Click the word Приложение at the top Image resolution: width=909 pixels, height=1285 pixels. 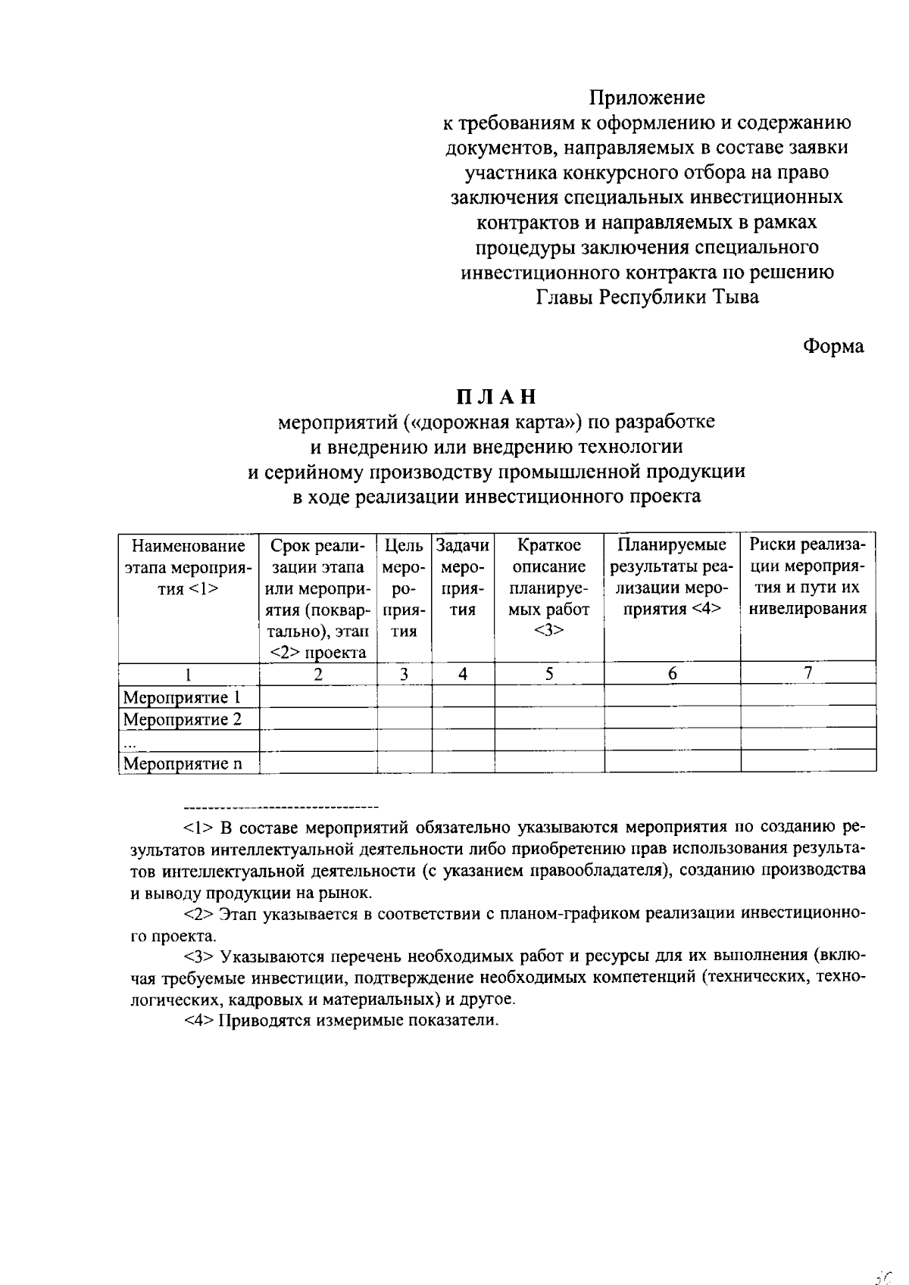click(x=648, y=98)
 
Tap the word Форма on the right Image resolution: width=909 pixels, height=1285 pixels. click(x=833, y=346)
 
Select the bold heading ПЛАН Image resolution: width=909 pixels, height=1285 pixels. click(x=496, y=397)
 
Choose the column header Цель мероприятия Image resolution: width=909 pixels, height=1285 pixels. click(x=405, y=588)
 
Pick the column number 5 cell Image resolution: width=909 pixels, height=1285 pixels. click(x=549, y=673)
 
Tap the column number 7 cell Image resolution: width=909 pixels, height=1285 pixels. click(x=808, y=672)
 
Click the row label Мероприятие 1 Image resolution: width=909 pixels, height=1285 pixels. click(x=182, y=697)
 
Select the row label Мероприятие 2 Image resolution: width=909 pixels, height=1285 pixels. click(x=182, y=719)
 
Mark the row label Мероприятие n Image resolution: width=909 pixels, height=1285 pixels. click(x=182, y=763)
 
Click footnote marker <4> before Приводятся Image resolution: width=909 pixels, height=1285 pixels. click(x=200, y=1020)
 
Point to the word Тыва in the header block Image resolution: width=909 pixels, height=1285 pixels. click(x=734, y=297)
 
